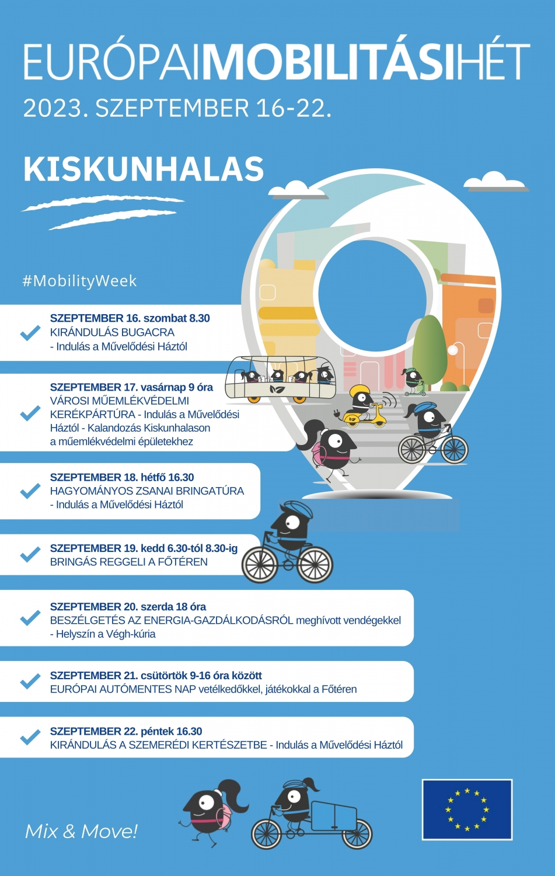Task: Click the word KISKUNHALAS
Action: [144, 169]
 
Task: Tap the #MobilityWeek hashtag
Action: [79, 281]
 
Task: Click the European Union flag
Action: [467, 809]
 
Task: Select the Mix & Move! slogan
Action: [81, 831]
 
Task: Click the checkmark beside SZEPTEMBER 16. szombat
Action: [30, 332]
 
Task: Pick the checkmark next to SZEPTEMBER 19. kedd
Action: [30, 554]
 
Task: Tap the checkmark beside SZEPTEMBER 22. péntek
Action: [30, 737]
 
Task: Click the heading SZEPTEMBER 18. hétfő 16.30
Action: [122, 477]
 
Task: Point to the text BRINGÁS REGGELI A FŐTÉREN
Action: [129, 562]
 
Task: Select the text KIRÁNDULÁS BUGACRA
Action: [112, 332]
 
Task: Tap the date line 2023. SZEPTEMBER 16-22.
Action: [177, 109]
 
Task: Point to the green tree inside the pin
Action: [430, 349]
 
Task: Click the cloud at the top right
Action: [495, 182]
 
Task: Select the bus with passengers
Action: [280, 380]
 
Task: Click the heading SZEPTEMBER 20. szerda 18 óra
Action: [128, 607]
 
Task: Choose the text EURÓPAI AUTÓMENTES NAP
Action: [123, 689]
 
